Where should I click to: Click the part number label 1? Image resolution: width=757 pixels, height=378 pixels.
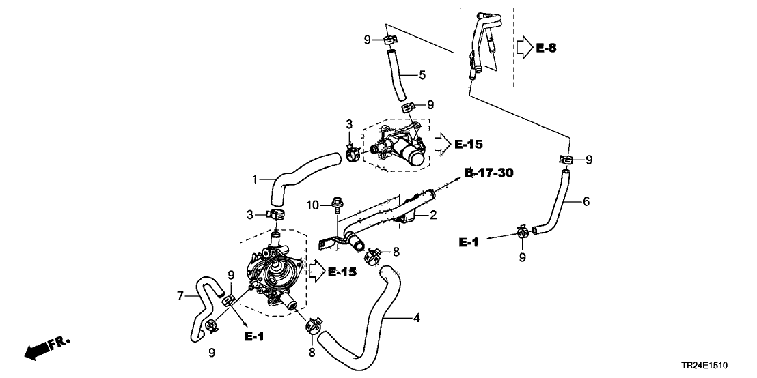pyautogui.click(x=254, y=180)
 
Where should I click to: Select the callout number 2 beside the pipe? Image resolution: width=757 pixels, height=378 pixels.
pyautogui.click(x=432, y=216)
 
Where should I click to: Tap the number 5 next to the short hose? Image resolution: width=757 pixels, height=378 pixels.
pyautogui.click(x=422, y=74)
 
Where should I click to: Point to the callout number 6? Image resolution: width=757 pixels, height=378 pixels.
pyautogui.click(x=586, y=201)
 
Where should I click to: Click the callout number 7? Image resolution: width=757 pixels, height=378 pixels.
pyautogui.click(x=181, y=295)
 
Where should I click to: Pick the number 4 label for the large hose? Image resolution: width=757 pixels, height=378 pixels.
pyautogui.click(x=415, y=318)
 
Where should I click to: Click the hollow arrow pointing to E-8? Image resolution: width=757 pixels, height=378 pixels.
pyautogui.click(x=522, y=46)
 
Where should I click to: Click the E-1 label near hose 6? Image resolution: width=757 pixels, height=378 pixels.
pyautogui.click(x=471, y=242)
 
